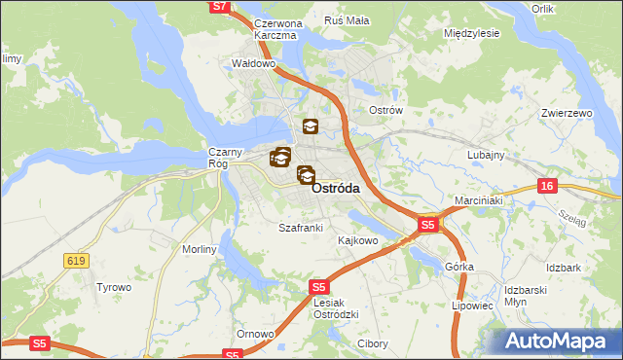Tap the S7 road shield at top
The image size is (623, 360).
point(221,7)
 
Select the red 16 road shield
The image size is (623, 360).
point(548,185)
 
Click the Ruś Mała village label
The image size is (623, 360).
point(347,20)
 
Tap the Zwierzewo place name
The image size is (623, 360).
point(567,114)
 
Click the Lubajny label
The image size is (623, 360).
point(485,155)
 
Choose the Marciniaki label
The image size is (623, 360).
point(477,201)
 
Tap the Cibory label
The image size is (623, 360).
point(372,343)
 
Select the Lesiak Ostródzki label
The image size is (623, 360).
point(338,307)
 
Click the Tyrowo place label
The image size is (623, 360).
point(113,287)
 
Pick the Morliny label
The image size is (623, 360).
point(199,250)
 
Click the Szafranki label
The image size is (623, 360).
point(300,228)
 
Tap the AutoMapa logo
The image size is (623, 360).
point(561,341)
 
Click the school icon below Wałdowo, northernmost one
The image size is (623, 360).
point(310,126)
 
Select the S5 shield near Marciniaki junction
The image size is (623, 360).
point(428,226)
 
